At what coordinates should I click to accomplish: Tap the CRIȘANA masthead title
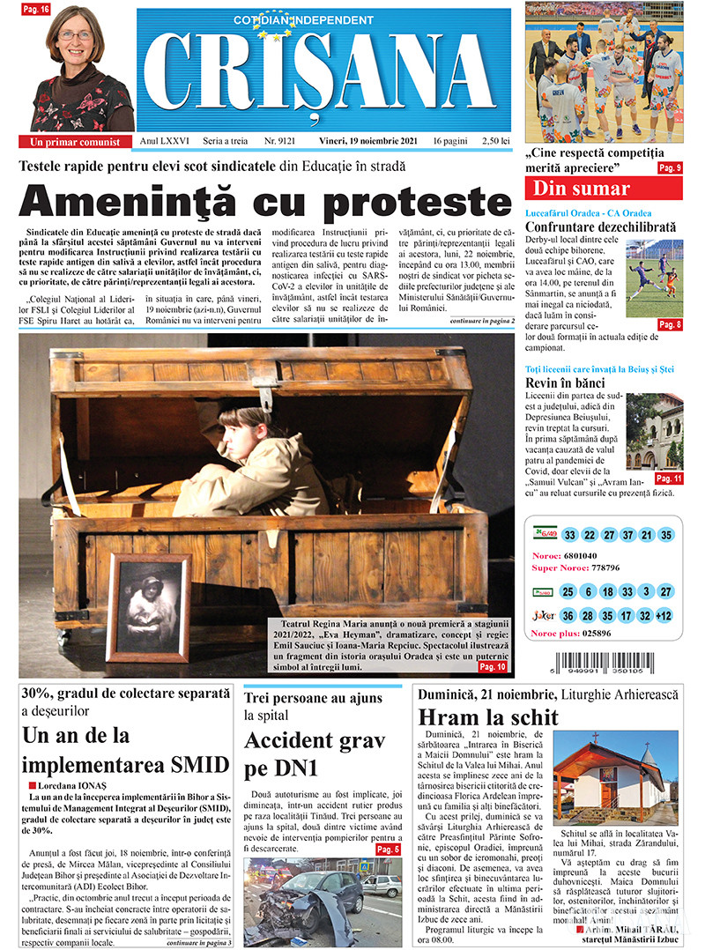click(324, 73)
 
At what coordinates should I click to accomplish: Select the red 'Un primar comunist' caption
click(75, 141)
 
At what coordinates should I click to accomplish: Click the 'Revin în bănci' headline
click(565, 383)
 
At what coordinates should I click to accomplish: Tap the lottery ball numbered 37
click(627, 535)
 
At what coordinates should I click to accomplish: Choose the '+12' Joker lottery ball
click(665, 615)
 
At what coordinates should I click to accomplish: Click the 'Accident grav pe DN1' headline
click(300, 753)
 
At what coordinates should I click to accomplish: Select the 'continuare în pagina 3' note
click(199, 942)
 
